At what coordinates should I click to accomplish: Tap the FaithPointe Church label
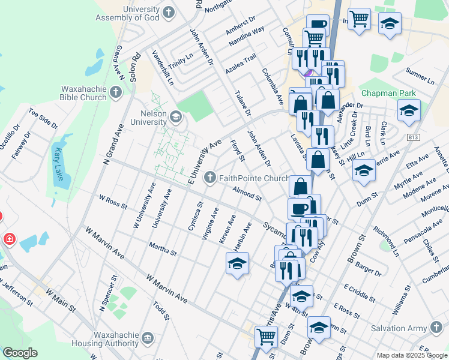255,178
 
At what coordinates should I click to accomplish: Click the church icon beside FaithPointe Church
209,176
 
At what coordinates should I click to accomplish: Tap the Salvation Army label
396,328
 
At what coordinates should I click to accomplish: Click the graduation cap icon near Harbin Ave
237,263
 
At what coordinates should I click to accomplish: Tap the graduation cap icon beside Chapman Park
409,110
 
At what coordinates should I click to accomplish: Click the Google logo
20,353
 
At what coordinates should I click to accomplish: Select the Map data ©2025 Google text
412,355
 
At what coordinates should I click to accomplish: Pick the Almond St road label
249,193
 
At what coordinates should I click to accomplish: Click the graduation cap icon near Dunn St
364,172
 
